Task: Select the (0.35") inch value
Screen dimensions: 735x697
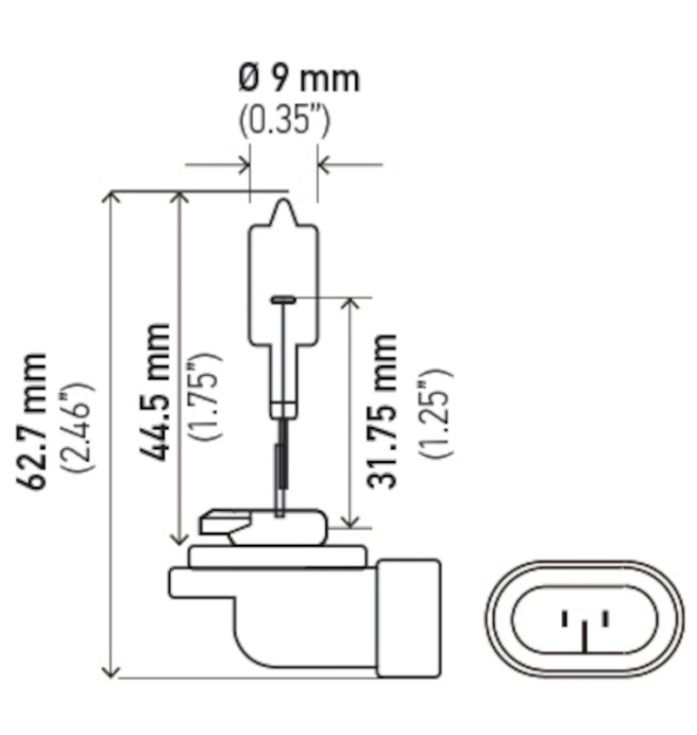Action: click(x=285, y=121)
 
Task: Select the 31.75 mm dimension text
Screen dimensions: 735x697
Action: click(x=382, y=410)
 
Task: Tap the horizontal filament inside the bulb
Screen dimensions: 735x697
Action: click(x=284, y=299)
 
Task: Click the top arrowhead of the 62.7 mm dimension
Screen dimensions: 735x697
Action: click(x=111, y=198)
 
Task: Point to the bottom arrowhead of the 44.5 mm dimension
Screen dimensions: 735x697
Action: click(x=180, y=538)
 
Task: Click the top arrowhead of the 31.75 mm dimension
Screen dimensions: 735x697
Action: click(x=350, y=304)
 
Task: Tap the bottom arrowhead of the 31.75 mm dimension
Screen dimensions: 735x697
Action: click(x=350, y=521)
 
